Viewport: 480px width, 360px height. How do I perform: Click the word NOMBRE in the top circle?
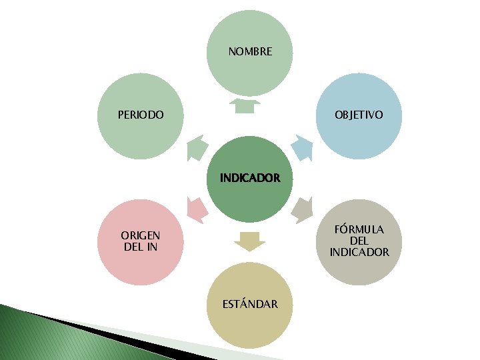[250, 51]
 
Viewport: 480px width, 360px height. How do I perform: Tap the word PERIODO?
[141, 115]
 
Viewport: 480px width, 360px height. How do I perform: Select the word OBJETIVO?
[359, 115]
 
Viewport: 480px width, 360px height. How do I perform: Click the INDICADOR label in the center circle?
[250, 178]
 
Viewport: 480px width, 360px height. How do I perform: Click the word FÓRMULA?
[359, 229]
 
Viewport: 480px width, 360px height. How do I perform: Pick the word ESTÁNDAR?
[250, 304]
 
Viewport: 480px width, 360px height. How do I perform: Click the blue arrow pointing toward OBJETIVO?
[301, 147]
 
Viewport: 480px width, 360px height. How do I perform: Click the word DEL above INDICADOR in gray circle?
[359, 241]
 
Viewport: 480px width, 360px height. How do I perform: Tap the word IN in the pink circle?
[151, 247]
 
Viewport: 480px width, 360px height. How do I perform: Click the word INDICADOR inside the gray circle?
[359, 252]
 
